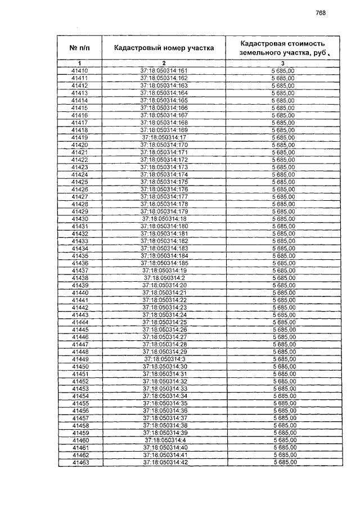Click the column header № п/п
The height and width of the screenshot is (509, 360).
[80, 48]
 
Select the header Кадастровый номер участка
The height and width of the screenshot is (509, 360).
[164, 48]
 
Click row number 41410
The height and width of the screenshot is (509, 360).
[80, 70]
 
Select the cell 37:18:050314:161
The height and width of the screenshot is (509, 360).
[164, 70]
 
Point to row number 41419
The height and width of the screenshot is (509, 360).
[80, 137]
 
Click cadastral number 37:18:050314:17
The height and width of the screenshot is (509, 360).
[164, 137]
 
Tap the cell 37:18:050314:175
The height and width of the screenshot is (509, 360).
[164, 182]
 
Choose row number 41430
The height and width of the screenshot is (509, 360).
[80, 219]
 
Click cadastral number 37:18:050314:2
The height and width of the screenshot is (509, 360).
[164, 278]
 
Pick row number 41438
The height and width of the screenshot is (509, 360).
[80, 278]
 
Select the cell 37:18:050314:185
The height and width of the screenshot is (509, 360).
[164, 263]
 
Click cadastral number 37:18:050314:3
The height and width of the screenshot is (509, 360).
[165, 359]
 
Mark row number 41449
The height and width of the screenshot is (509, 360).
[80, 359]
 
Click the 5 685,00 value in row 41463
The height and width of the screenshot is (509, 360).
[285, 462]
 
